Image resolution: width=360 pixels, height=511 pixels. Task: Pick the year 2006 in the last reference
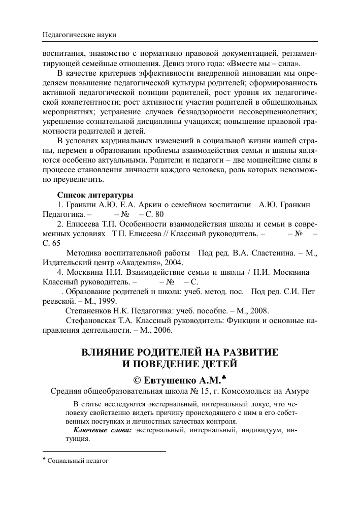click(x=162, y=330)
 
